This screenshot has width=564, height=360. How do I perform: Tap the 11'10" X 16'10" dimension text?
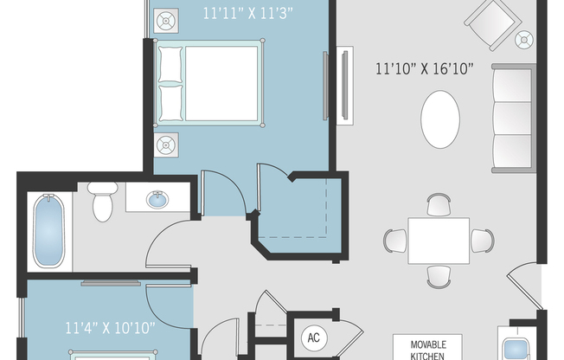click(424, 68)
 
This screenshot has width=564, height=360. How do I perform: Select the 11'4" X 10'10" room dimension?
click(110, 328)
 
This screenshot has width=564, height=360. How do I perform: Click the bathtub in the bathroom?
click(48, 231)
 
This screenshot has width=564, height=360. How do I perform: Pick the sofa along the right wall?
click(512, 118)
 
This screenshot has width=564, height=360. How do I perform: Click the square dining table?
click(439, 240)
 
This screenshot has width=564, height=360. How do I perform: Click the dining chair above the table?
click(439, 205)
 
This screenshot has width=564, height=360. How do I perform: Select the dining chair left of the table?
click(396, 241)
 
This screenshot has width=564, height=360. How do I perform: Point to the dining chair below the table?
click(439, 275)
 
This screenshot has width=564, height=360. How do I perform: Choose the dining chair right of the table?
click(482, 240)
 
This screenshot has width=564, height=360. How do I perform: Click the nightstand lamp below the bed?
click(166, 143)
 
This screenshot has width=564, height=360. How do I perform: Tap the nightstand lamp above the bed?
click(166, 21)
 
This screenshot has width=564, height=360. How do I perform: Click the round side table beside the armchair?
click(523, 39)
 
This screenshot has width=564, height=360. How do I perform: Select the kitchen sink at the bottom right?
click(517, 347)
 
